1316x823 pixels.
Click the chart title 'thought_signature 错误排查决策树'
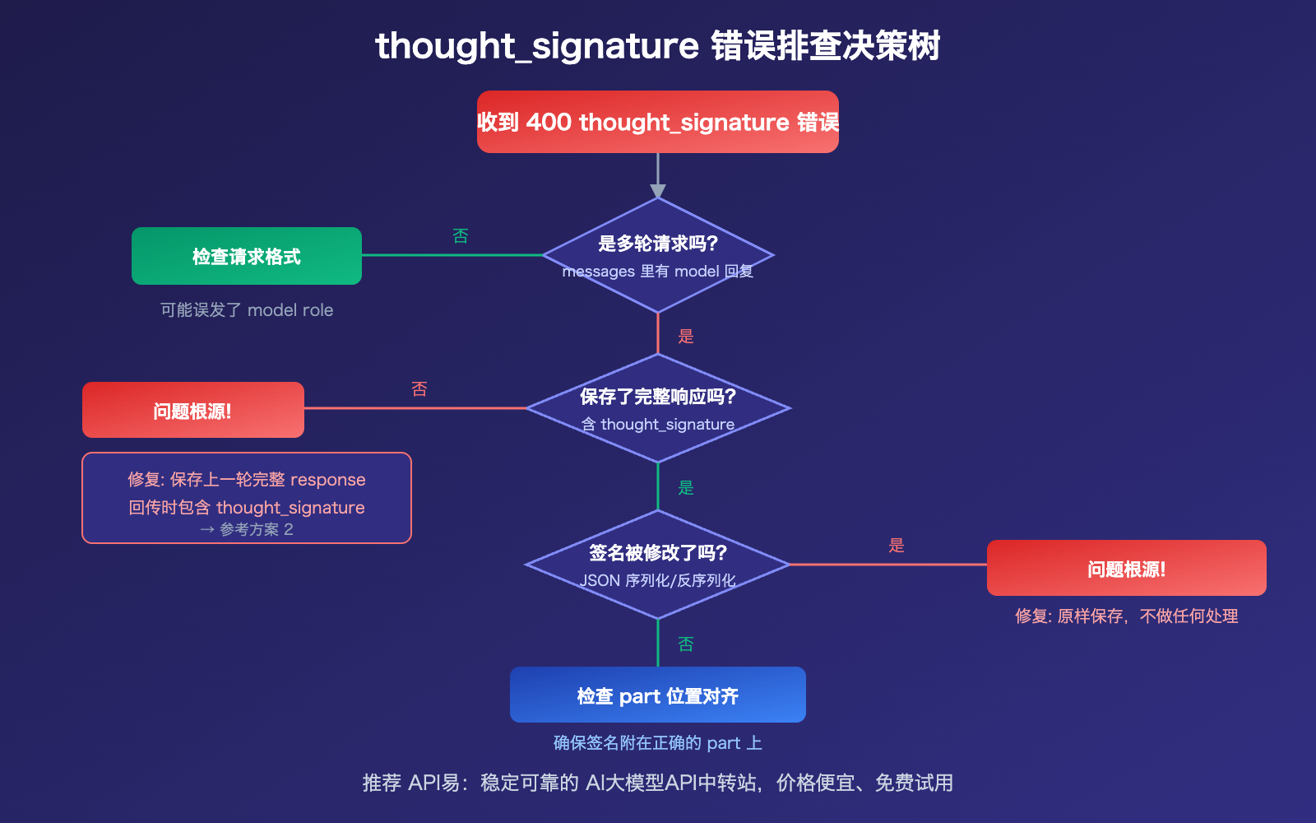658,45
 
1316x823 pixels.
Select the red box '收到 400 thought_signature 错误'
658,122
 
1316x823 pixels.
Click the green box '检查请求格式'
247,256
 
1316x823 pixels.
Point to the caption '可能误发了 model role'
247,310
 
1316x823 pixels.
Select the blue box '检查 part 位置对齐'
658,695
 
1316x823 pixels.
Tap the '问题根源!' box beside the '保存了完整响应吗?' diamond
193,410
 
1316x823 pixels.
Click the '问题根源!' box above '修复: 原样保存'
1127,568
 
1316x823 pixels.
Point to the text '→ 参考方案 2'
247,529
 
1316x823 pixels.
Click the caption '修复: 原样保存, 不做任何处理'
1127,616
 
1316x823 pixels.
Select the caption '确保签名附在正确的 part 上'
658,743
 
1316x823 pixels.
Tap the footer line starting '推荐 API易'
658,783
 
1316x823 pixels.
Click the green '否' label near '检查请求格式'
461,236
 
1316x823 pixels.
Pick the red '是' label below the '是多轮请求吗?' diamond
686,336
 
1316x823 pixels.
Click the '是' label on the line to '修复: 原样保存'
897,545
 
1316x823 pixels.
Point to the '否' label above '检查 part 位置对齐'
686,644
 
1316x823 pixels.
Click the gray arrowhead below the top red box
658,191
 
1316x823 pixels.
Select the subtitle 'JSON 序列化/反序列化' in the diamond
658,580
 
